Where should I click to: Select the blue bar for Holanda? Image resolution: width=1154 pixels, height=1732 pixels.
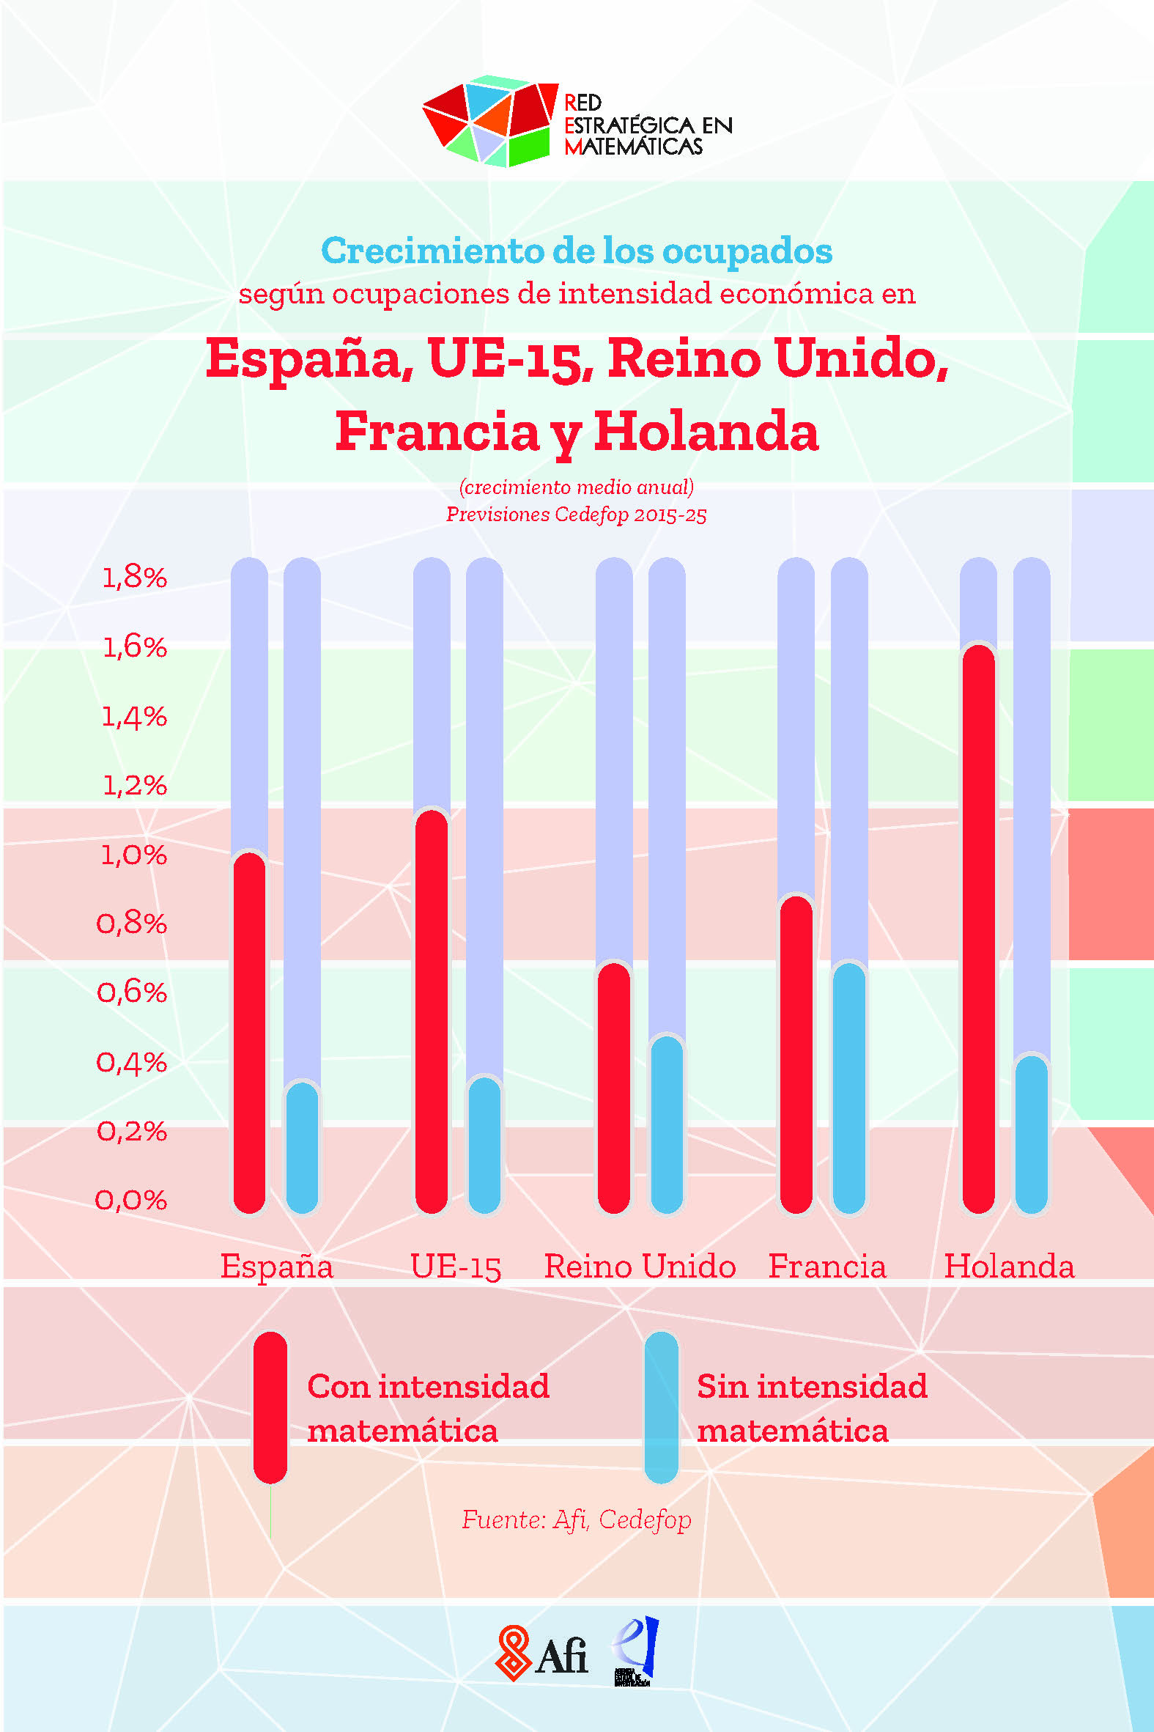(x=1031, y=1135)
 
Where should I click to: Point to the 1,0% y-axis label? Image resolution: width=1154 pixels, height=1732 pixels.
(x=134, y=855)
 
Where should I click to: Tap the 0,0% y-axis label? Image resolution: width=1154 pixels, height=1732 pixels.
(x=132, y=1201)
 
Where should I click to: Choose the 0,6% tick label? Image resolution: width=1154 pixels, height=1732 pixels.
(x=133, y=992)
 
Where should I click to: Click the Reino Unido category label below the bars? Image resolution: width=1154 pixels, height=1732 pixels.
(x=640, y=1267)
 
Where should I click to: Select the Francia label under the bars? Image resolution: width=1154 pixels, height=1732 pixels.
(x=827, y=1267)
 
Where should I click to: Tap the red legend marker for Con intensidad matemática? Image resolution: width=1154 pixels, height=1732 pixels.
(x=270, y=1407)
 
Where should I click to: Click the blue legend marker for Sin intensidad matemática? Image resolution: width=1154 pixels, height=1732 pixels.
(x=661, y=1407)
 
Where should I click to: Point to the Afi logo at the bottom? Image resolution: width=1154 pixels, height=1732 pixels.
(x=543, y=1653)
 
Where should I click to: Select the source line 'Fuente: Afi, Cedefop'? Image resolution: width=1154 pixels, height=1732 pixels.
(x=576, y=1519)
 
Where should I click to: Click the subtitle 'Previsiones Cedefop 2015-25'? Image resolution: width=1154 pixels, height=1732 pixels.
(x=576, y=514)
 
